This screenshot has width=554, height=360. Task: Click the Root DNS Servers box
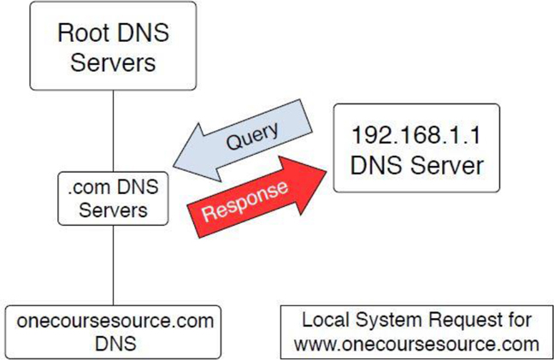coord(113,47)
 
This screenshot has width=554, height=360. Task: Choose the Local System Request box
coord(417,332)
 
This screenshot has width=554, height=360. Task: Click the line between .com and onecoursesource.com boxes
coord(114,266)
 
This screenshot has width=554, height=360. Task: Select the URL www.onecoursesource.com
coord(417,344)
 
